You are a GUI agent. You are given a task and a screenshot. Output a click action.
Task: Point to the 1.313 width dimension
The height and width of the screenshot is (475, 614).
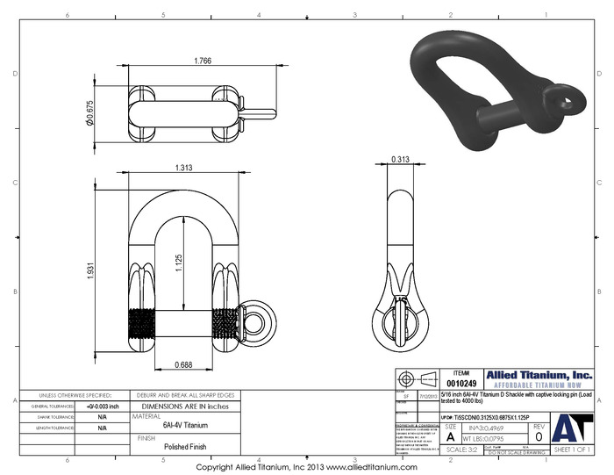point(183,168)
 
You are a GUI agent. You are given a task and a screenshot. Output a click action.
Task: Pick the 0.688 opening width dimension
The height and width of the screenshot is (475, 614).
point(183,363)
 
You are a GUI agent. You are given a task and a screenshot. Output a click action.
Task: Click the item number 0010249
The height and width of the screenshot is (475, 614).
point(461,383)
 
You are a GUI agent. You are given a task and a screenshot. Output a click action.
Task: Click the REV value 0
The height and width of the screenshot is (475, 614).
point(538,436)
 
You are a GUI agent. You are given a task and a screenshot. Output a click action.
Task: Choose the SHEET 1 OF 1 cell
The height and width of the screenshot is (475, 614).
point(575,449)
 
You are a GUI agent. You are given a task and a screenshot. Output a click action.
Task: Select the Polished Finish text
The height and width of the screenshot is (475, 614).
point(184,447)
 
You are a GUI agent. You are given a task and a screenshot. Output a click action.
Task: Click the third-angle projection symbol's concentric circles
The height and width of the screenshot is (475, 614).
point(405,378)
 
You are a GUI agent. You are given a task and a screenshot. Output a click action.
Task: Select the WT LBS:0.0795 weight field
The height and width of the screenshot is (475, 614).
point(489,436)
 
